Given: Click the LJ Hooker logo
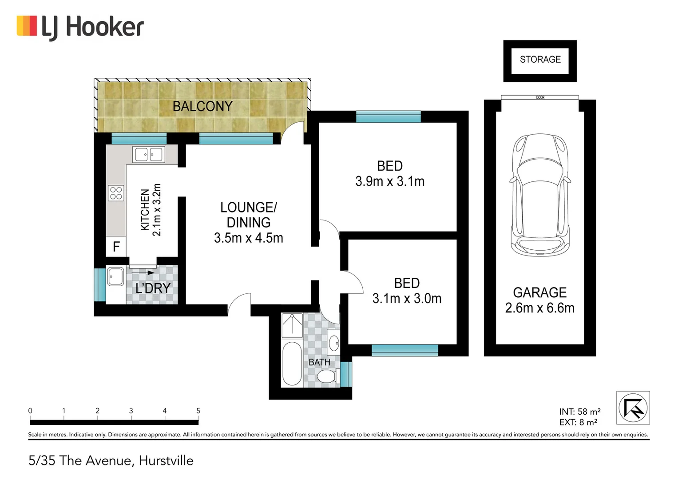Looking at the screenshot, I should [x=80, y=27].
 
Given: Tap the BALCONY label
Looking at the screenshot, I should [x=202, y=107].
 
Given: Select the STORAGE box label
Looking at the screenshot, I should [x=540, y=60].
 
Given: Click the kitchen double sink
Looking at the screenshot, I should [x=149, y=155].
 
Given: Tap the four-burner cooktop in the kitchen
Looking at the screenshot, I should [x=116, y=193].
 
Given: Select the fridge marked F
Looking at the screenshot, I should [x=116, y=247].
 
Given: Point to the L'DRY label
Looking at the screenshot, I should [x=153, y=288].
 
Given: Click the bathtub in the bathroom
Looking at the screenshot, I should [x=292, y=364].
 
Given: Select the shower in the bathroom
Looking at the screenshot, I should [x=292, y=326].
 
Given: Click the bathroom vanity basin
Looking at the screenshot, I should [x=334, y=342].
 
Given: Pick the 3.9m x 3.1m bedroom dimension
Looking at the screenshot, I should [x=390, y=181].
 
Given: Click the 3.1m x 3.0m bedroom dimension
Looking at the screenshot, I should [x=407, y=299].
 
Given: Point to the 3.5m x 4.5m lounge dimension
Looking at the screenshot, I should [x=248, y=238].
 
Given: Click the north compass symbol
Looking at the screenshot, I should [x=633, y=408].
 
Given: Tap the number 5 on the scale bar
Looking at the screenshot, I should [x=198, y=411].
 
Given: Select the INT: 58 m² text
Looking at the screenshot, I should [x=579, y=412].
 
